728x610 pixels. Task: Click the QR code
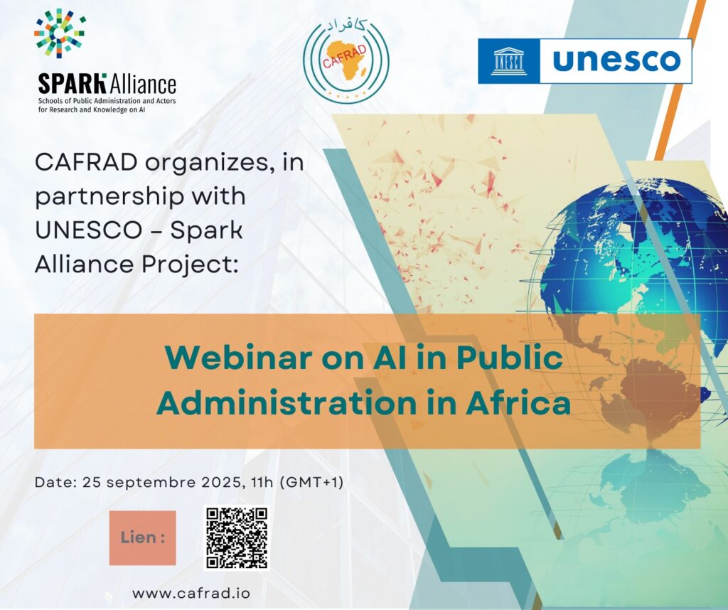[237, 537]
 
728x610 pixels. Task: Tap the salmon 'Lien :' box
[142, 538]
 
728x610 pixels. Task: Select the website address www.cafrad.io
[191, 593]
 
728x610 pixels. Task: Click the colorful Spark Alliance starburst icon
[60, 33]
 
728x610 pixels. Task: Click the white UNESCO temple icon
[509, 61]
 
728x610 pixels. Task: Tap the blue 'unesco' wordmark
[616, 60]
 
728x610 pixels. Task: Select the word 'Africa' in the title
[518, 403]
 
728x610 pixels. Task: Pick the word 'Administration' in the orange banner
[287, 403]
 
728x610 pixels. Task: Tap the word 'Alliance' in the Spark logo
[142, 85]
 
